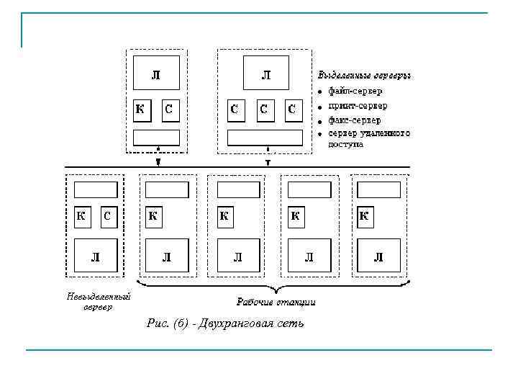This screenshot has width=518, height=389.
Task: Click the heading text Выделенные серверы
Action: click(364, 74)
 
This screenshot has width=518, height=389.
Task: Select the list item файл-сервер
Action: click(355, 91)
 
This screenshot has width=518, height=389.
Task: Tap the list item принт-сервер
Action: click(358, 106)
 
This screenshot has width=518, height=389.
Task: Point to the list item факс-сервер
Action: click(355, 120)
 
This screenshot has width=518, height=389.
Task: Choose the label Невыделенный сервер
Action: click(98, 302)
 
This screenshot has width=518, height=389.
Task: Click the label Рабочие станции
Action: click(276, 301)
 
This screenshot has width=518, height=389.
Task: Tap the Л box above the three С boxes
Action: click(266, 74)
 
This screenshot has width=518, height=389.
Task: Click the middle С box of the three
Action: click(264, 109)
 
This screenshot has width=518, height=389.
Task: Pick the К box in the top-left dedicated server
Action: click(141, 109)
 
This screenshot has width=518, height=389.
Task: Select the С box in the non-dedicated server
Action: click(106, 215)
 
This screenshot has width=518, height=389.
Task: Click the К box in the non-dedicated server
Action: click(82, 215)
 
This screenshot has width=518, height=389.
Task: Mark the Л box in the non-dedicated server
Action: click(95, 256)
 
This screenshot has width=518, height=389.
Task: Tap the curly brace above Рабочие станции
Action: click(273, 285)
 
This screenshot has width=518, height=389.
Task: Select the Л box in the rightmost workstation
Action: click(379, 256)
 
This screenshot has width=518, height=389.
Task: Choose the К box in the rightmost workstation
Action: click(364, 215)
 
